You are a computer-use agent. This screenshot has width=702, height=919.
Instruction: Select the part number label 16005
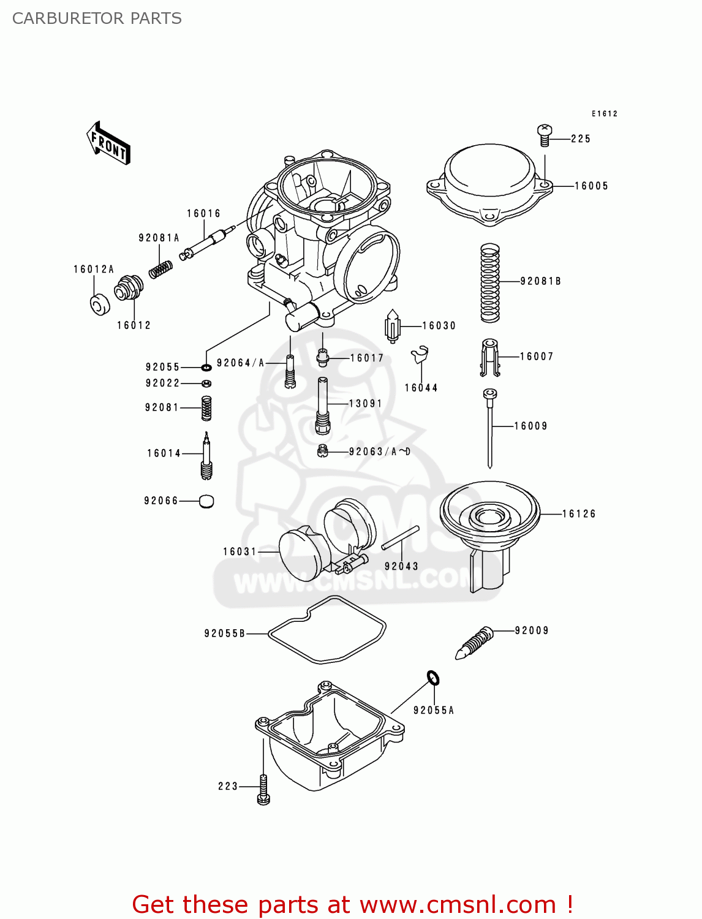pyautogui.click(x=591, y=186)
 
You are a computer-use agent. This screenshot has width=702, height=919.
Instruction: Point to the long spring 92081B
pyautogui.click(x=489, y=282)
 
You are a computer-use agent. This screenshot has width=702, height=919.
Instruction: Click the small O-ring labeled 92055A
pyautogui.click(x=433, y=678)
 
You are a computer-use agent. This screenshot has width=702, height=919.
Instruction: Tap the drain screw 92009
pyautogui.click(x=475, y=643)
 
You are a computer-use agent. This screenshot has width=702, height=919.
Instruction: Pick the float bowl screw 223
pyautogui.click(x=263, y=789)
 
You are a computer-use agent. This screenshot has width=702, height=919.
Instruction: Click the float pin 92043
pyautogui.click(x=400, y=538)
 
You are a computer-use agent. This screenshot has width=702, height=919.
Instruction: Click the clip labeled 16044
pyautogui.click(x=420, y=355)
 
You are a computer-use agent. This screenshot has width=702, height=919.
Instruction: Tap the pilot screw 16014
pyautogui.click(x=206, y=456)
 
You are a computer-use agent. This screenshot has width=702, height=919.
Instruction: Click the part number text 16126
pyautogui.click(x=579, y=513)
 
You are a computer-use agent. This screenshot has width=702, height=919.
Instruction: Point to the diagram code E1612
pyautogui.click(x=604, y=113)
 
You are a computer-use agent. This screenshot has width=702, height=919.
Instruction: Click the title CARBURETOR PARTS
pyautogui.click(x=97, y=18)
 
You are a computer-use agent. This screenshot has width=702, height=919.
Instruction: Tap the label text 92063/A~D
pyautogui.click(x=380, y=452)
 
